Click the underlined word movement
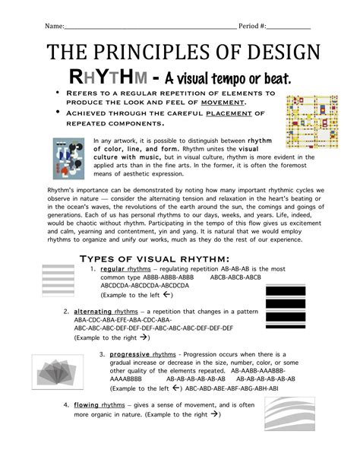point(231,102)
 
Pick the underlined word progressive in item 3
point(128,354)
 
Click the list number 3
point(102,354)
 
